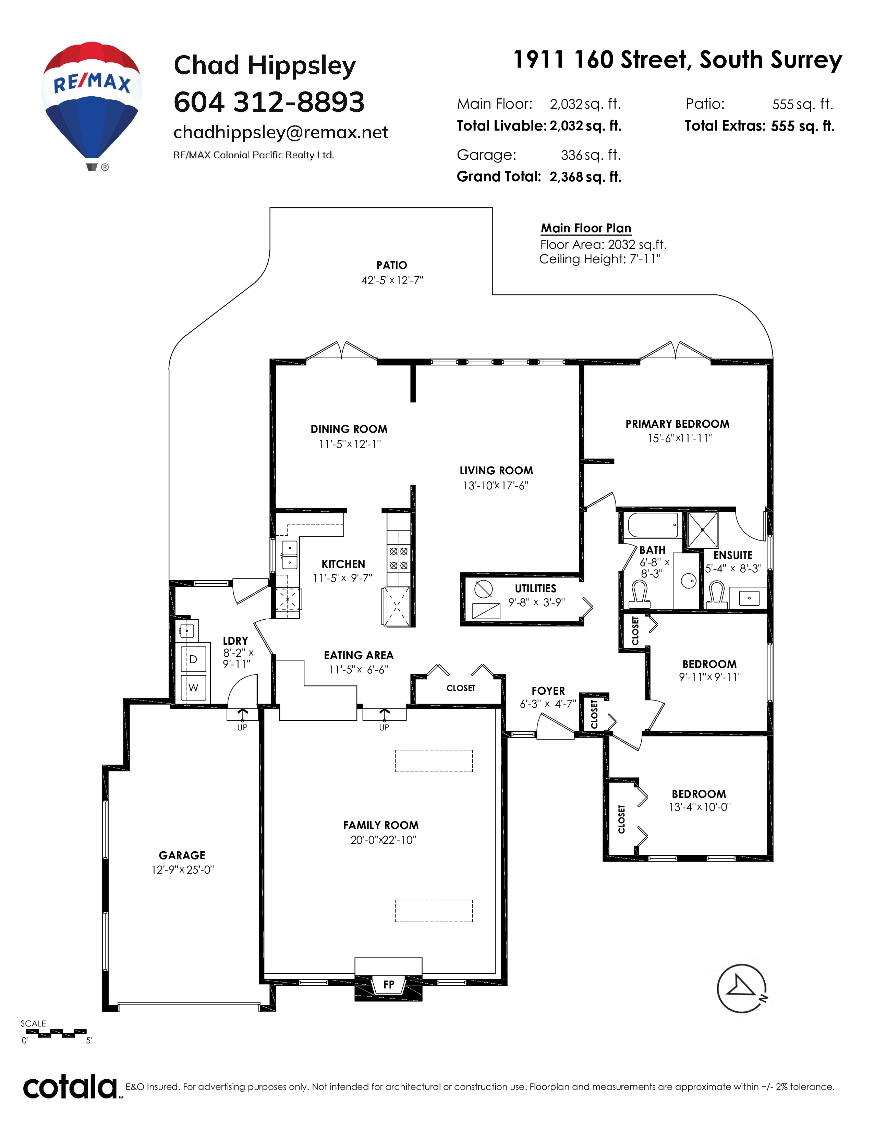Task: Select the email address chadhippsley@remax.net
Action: (x=281, y=133)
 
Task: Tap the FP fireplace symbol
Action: (x=388, y=984)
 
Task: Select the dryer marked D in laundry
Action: (x=193, y=659)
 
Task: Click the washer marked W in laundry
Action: (x=193, y=688)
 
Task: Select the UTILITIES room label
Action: (x=535, y=589)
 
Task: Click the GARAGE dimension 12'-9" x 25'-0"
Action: (x=182, y=869)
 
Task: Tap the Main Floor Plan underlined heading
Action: (x=586, y=228)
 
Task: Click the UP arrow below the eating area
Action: (x=384, y=715)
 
